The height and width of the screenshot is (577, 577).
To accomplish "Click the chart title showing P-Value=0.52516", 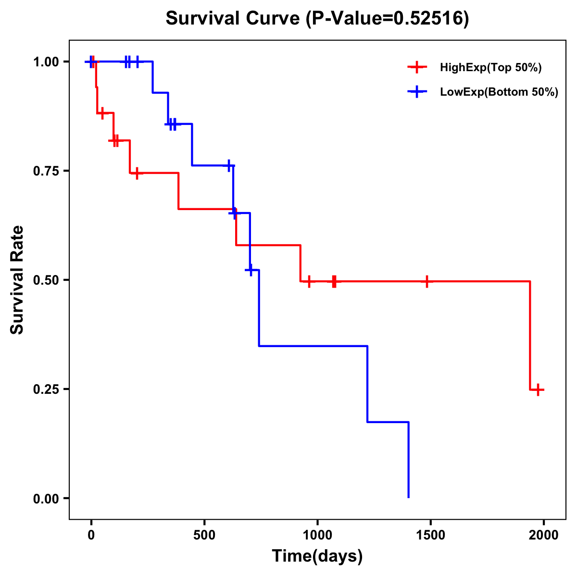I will (317, 19).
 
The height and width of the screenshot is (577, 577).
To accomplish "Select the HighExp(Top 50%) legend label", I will (491, 68).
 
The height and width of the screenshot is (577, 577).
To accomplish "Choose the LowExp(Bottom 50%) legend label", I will (499, 92).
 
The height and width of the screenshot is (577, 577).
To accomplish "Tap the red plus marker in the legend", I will (417, 67).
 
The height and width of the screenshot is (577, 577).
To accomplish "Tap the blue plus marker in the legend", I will (417, 92).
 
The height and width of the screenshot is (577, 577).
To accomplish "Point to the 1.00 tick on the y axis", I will (46, 62).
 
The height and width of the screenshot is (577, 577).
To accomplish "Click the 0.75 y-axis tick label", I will (46, 171).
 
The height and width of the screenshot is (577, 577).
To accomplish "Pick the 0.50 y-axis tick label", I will (46, 280).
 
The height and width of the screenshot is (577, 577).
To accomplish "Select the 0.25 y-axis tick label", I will (46, 389).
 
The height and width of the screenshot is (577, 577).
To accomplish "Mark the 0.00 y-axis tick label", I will (46, 499).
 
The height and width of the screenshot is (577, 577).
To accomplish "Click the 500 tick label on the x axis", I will (204, 536).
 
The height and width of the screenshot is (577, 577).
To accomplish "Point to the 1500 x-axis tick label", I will (430, 536).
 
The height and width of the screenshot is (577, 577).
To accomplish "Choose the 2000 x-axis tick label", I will (543, 536).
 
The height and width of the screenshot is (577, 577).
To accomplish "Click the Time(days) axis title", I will (317, 556).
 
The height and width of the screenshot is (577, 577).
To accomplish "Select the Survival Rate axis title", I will (17, 280).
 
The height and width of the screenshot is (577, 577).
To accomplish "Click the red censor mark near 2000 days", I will (539, 389).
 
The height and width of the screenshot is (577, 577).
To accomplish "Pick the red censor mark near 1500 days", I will (426, 281).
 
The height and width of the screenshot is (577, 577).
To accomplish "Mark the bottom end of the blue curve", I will (408, 497).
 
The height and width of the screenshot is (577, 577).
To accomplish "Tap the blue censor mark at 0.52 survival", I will (251, 270).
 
